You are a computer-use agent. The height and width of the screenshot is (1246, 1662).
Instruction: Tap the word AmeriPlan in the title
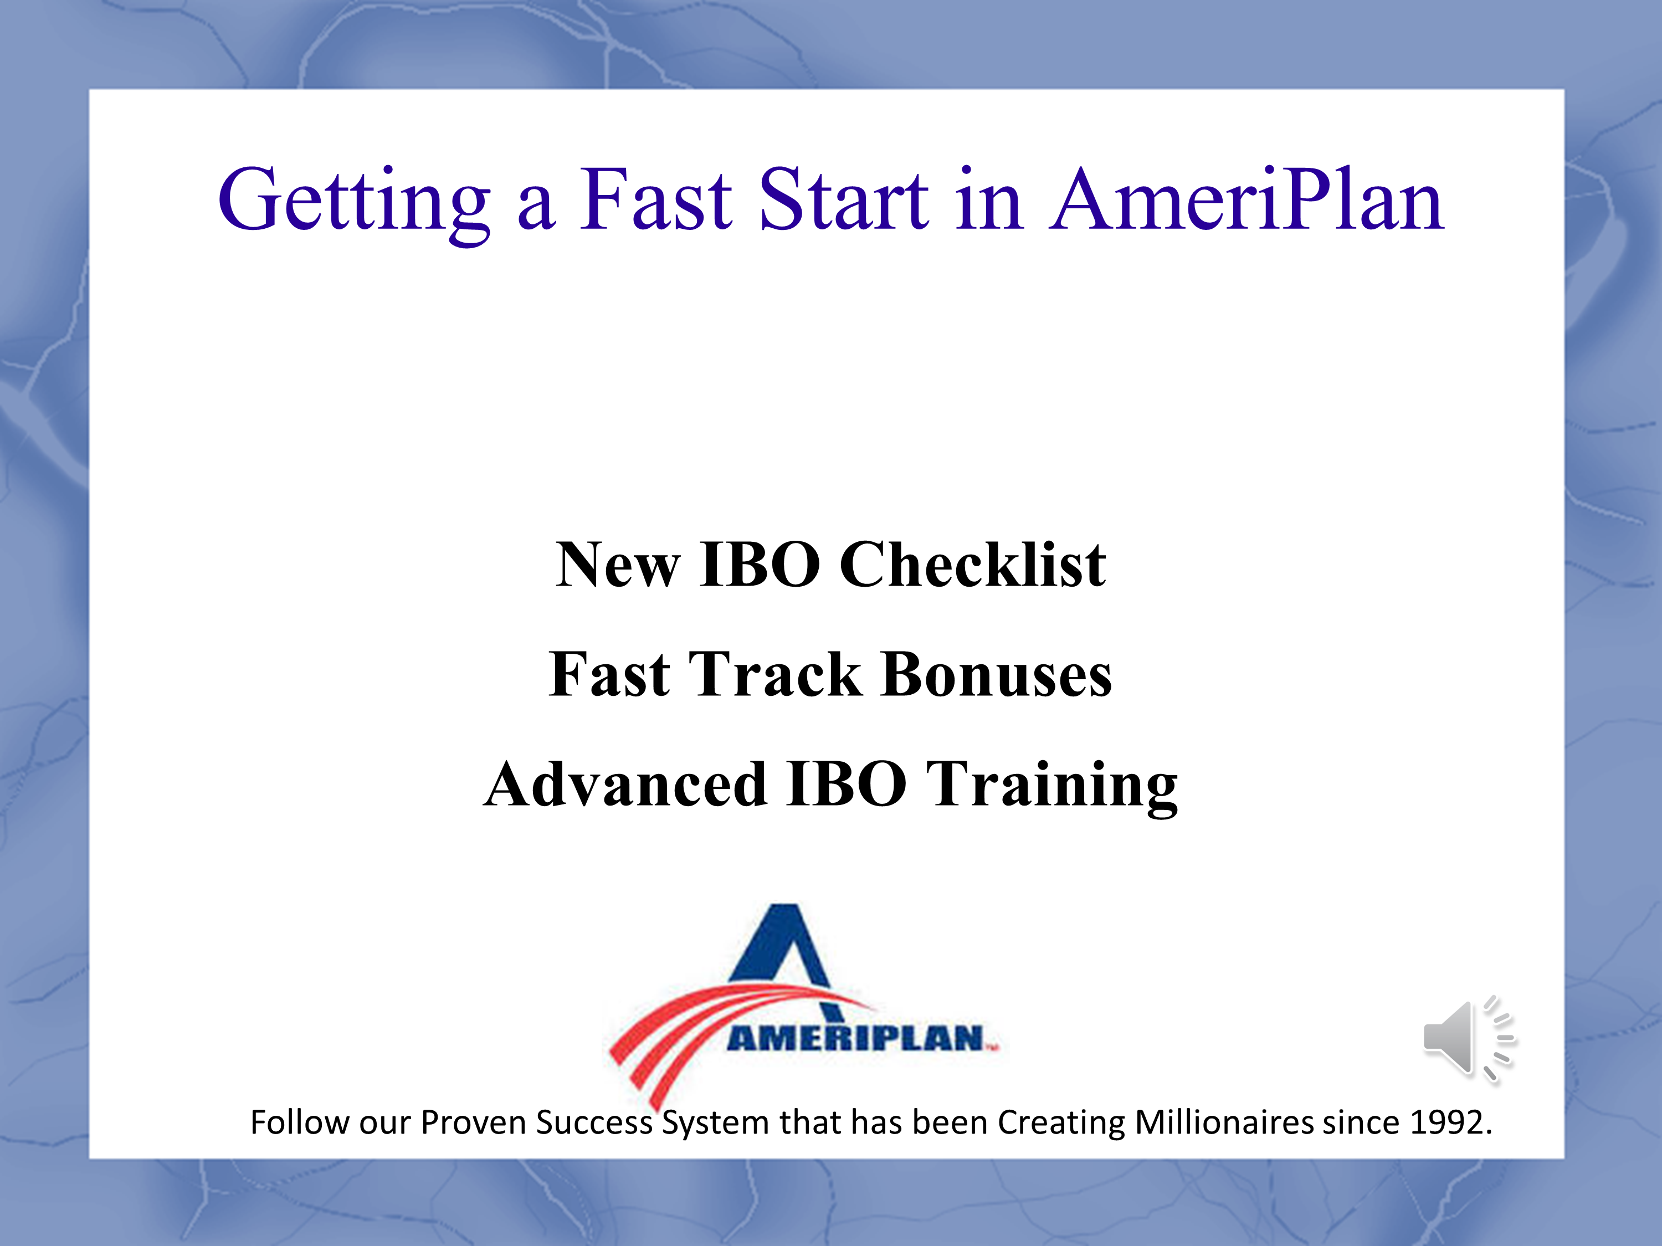pyautogui.click(x=1246, y=198)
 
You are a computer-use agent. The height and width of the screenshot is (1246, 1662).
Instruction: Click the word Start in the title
pyautogui.click(x=844, y=198)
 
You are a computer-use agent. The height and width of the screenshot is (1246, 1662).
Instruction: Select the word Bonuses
pyautogui.click(x=996, y=674)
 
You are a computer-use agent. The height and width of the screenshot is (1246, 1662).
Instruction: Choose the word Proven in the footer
pyautogui.click(x=473, y=1122)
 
